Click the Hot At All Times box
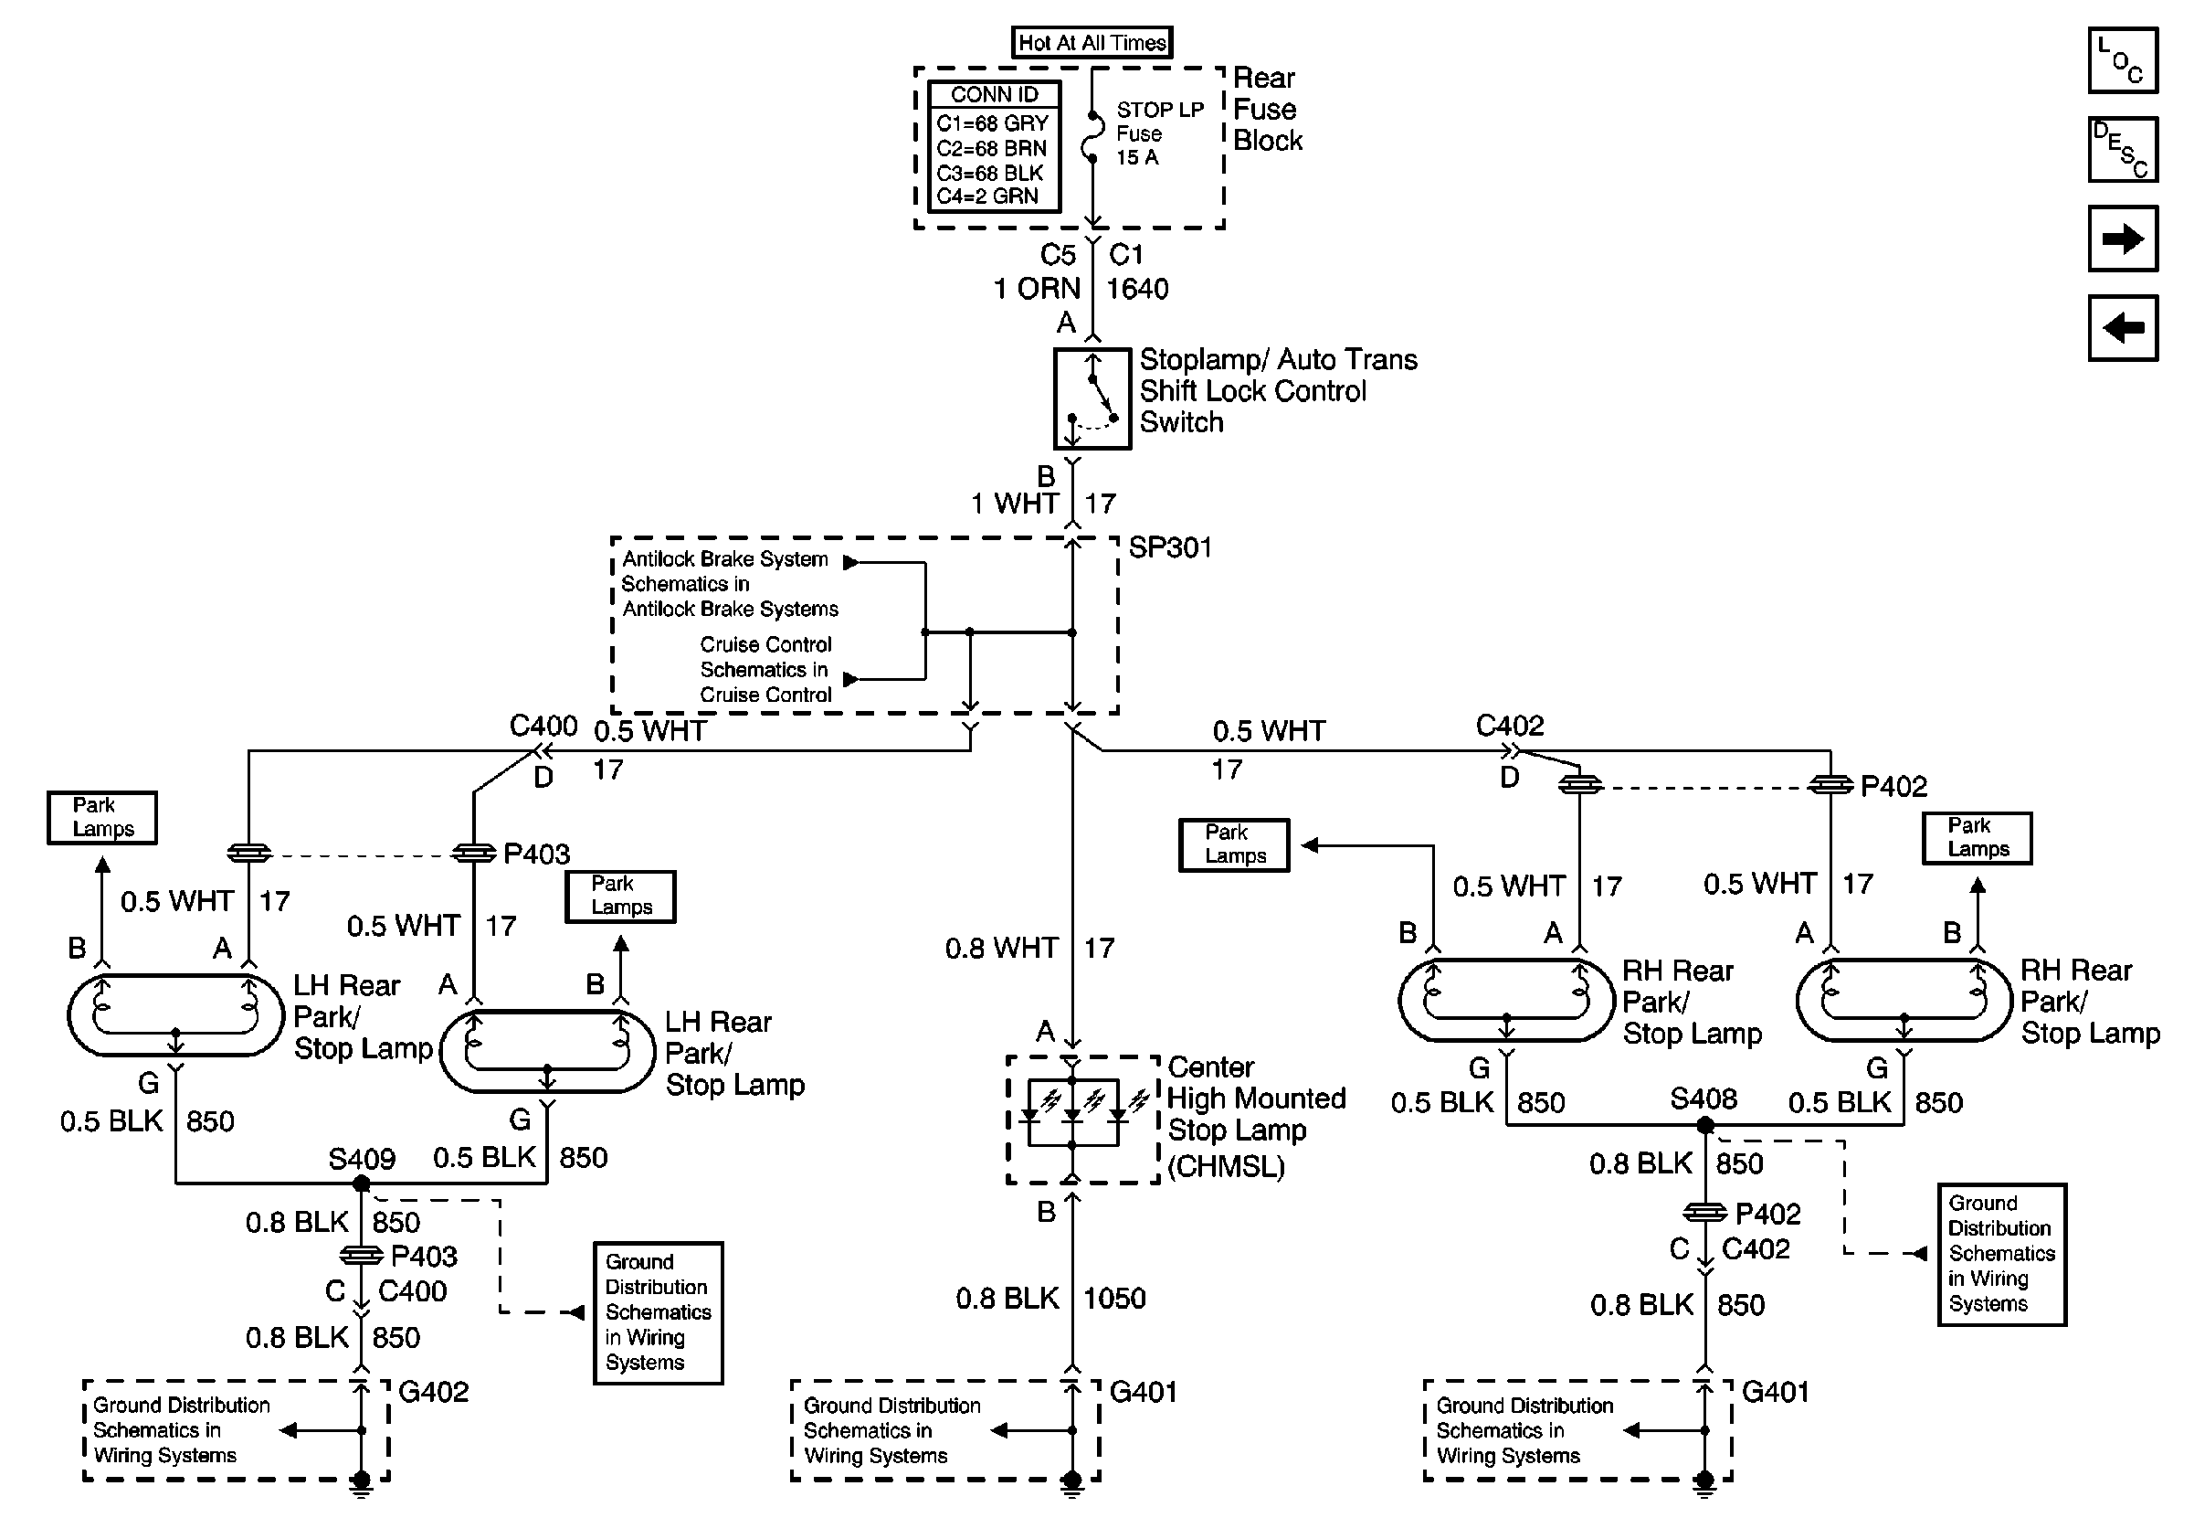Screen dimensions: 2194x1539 pos(1092,42)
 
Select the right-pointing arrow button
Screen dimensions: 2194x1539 pos(2123,238)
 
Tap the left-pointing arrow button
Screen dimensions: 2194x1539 pos(2123,328)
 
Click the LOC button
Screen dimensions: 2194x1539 pos(2123,60)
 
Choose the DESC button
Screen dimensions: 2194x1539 pos(2123,149)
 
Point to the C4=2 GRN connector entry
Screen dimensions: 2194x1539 pos(987,196)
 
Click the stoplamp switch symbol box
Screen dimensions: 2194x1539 pos(1092,398)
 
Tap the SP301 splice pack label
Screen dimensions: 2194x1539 pos(1170,547)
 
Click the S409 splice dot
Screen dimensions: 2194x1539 pos(361,1183)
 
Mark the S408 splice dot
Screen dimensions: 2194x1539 pos(1704,1125)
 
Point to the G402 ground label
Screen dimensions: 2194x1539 pos(434,1392)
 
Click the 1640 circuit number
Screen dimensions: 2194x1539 pos(1137,289)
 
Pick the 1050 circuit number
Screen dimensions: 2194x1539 pos(1114,1298)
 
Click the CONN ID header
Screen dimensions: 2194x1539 pos(994,95)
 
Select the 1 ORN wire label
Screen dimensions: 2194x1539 pos(1037,289)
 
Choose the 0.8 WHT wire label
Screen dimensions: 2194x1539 pos(1001,949)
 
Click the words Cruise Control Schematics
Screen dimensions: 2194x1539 pos(765,657)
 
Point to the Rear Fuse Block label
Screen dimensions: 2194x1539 pos(1268,109)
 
